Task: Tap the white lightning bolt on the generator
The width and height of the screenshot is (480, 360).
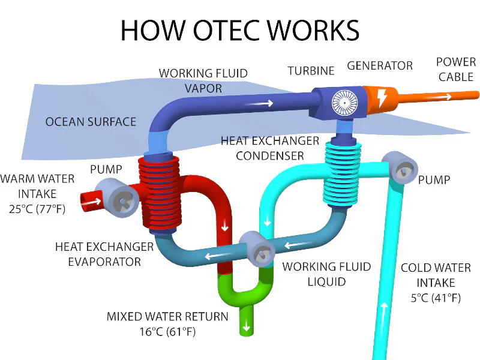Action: pyautogui.click(x=382, y=98)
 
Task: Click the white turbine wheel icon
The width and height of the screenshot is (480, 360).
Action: pyautogui.click(x=344, y=103)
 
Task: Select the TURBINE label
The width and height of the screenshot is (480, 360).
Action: pyautogui.click(x=311, y=71)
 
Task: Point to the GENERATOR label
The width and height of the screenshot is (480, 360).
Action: pyautogui.click(x=380, y=65)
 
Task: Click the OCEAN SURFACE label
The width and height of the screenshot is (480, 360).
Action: pyautogui.click(x=91, y=122)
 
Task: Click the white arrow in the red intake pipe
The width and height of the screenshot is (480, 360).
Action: pyautogui.click(x=92, y=202)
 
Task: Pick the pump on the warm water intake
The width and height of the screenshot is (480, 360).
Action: pyautogui.click(x=118, y=198)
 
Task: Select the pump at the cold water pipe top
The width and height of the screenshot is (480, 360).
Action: pyautogui.click(x=400, y=167)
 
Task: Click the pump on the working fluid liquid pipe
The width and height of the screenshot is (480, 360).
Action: pyautogui.click(x=257, y=249)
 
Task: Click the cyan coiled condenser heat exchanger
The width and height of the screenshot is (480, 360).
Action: pyautogui.click(x=342, y=174)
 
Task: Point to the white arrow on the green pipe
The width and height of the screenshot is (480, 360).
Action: pyautogui.click(x=247, y=327)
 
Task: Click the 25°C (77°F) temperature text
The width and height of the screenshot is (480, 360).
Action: pyautogui.click(x=37, y=209)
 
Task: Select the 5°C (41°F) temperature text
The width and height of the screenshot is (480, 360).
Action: pyautogui.click(x=436, y=298)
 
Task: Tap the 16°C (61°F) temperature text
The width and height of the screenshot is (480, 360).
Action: pyautogui.click(x=167, y=332)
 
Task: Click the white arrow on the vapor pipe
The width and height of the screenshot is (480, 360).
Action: pyautogui.click(x=259, y=103)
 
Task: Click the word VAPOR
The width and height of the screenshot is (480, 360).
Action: pyautogui.click(x=203, y=88)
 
